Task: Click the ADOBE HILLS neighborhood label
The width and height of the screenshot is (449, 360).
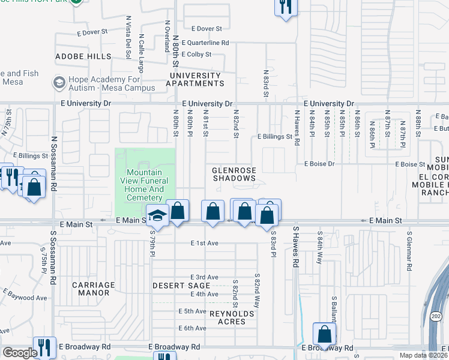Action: click(x=83, y=56)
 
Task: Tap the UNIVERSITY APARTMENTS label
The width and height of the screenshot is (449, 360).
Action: click(x=196, y=79)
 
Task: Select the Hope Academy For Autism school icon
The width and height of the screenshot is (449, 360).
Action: click(x=59, y=81)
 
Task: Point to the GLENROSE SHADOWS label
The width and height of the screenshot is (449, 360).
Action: click(x=234, y=174)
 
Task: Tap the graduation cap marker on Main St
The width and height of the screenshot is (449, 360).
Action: click(x=157, y=215)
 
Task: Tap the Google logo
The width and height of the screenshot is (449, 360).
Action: click(x=20, y=352)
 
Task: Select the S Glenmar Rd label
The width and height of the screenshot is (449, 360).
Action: click(x=409, y=251)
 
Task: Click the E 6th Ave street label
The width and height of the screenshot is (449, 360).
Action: click(x=192, y=328)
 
